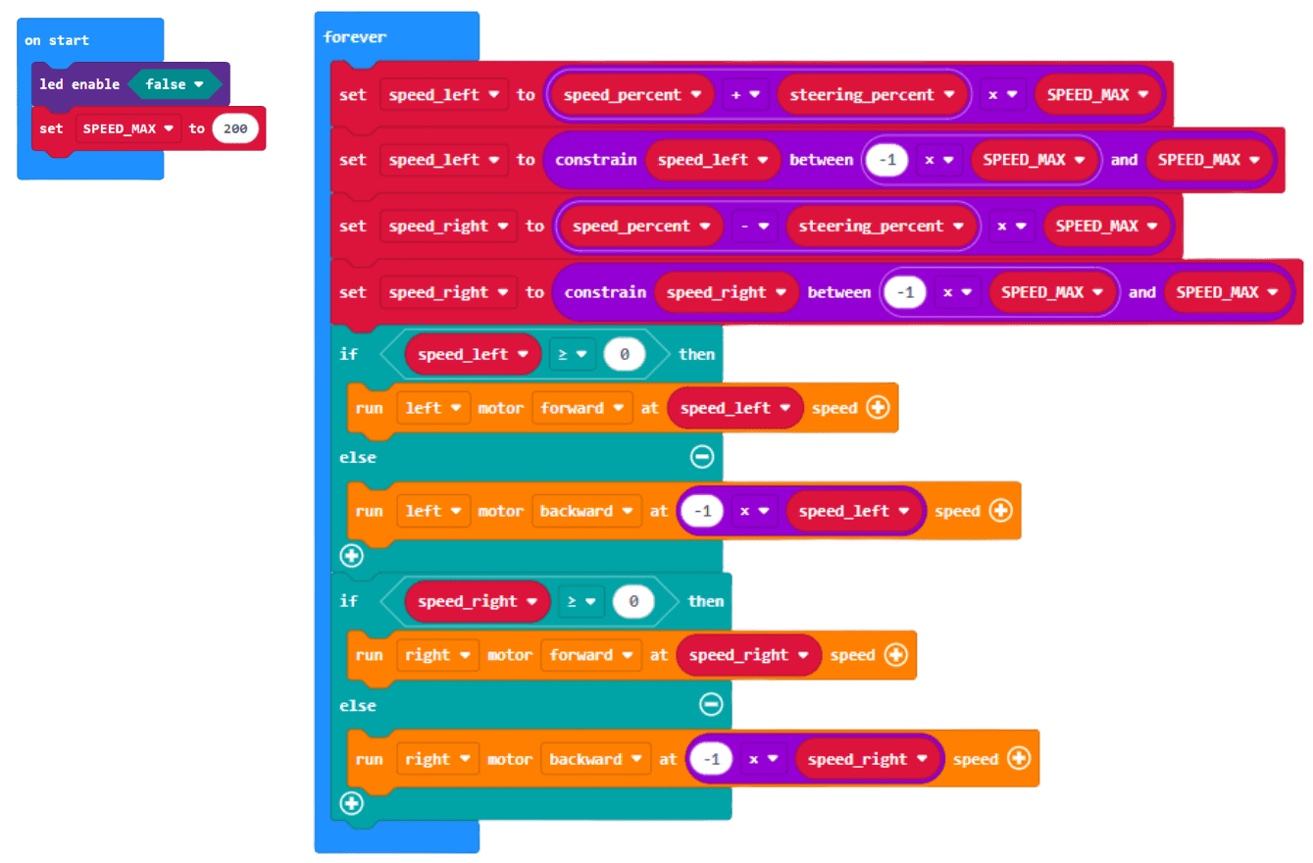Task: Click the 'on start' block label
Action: tap(57, 40)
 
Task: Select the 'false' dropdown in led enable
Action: tap(175, 84)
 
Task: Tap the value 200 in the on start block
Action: tap(234, 128)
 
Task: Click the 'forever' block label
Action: tap(355, 37)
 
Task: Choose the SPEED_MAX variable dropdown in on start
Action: tap(128, 128)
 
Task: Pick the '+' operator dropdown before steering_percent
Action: tap(745, 95)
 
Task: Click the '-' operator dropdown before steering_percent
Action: tap(754, 226)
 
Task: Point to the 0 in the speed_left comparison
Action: tap(624, 354)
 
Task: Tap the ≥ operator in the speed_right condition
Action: tap(580, 601)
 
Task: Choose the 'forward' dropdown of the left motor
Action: tap(581, 408)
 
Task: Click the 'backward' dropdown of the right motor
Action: tap(595, 759)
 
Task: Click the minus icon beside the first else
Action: tap(702, 456)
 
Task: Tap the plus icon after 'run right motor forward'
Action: tap(895, 655)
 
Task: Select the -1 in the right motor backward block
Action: tap(710, 759)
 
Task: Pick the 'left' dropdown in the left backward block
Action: tap(431, 511)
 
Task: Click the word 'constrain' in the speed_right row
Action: tap(605, 292)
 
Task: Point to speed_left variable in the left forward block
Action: tap(733, 408)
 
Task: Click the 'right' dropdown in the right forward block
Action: tap(436, 655)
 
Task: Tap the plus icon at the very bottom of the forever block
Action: tap(351, 804)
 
